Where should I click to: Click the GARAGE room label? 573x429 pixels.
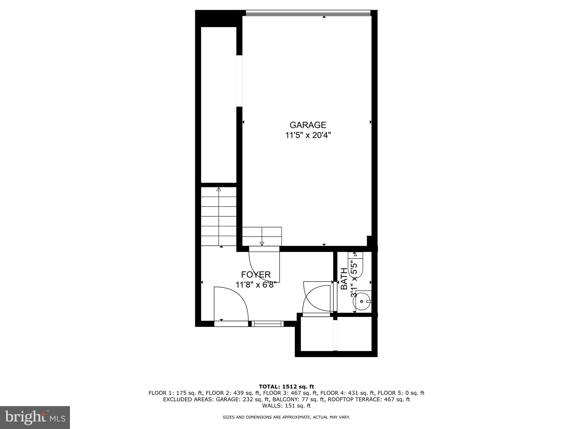click(x=308, y=125)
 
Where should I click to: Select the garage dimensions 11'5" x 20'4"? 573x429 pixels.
click(x=308, y=135)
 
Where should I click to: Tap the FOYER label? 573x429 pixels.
click(x=256, y=275)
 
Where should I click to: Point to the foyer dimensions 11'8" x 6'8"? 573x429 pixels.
click(x=256, y=285)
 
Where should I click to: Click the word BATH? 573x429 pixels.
click(x=344, y=278)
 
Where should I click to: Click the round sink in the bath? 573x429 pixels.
click(x=362, y=301)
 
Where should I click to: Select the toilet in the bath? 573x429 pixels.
click(x=355, y=264)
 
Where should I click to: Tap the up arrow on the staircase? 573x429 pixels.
click(x=219, y=189)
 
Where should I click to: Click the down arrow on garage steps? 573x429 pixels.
click(x=262, y=243)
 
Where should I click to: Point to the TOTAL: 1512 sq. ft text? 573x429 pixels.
click(x=286, y=387)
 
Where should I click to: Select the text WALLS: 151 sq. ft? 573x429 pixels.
click(x=286, y=406)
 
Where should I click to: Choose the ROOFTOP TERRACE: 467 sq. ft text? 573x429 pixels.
click(x=369, y=399)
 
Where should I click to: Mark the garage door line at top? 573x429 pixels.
click(x=308, y=13)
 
